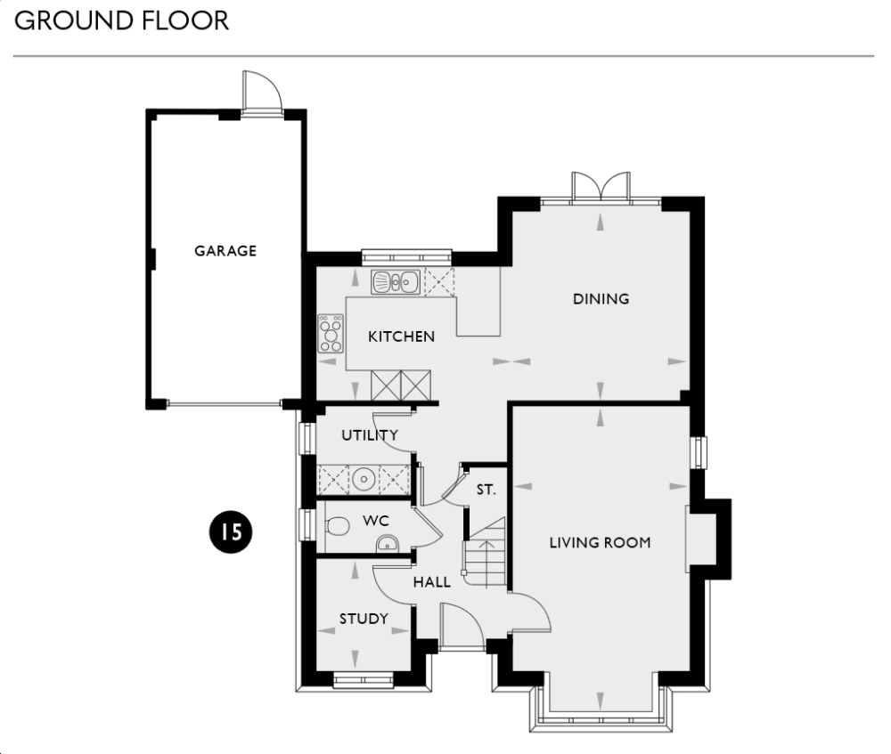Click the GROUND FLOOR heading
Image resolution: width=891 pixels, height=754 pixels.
tap(122, 20)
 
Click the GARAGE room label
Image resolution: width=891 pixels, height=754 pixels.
tap(225, 251)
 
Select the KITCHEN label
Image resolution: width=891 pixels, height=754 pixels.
tap(402, 336)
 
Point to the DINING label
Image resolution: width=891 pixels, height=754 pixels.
tap(601, 299)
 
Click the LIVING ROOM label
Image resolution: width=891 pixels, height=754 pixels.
tap(600, 542)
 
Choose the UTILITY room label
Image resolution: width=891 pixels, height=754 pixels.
tap(369, 435)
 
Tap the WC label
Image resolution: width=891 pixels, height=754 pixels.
tap(375, 519)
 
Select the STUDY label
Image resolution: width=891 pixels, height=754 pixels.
tap(364, 619)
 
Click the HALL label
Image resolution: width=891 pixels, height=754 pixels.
tap(431, 583)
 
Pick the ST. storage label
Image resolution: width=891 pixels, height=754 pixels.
tap(486, 490)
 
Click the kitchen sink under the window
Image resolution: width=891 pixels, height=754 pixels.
tap(396, 282)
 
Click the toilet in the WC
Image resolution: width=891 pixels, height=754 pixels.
tap(337, 526)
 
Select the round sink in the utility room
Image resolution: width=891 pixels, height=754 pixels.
tap(364, 480)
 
